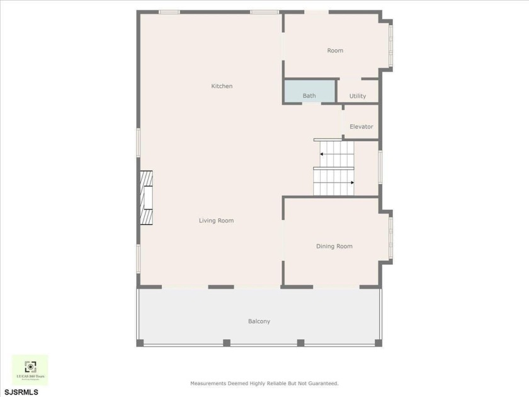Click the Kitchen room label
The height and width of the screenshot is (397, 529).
[222, 86]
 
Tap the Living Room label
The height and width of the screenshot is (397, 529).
[216, 221]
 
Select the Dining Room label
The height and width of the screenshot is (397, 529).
[334, 246]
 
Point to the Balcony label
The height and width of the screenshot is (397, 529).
[259, 321]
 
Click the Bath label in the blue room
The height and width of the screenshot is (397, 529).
[309, 96]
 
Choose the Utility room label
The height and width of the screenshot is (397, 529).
[358, 96]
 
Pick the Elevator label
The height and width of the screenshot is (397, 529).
[361, 127]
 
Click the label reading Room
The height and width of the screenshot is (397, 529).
[335, 50]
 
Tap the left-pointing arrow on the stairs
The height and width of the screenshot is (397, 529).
[321, 154]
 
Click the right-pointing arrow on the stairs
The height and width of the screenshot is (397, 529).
[353, 183]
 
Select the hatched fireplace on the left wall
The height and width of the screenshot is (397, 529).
[146, 198]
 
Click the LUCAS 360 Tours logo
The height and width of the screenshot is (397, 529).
[30, 370]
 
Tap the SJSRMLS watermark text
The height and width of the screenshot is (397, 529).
[21, 392]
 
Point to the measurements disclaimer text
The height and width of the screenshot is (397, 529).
[264, 383]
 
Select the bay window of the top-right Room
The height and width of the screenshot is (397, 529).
[390, 45]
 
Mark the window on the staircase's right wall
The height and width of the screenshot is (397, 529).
[380, 167]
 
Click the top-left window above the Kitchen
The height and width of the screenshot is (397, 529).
[169, 11]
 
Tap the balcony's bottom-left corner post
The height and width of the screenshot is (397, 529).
[140, 343]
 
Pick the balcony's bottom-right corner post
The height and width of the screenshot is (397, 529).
[378, 343]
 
